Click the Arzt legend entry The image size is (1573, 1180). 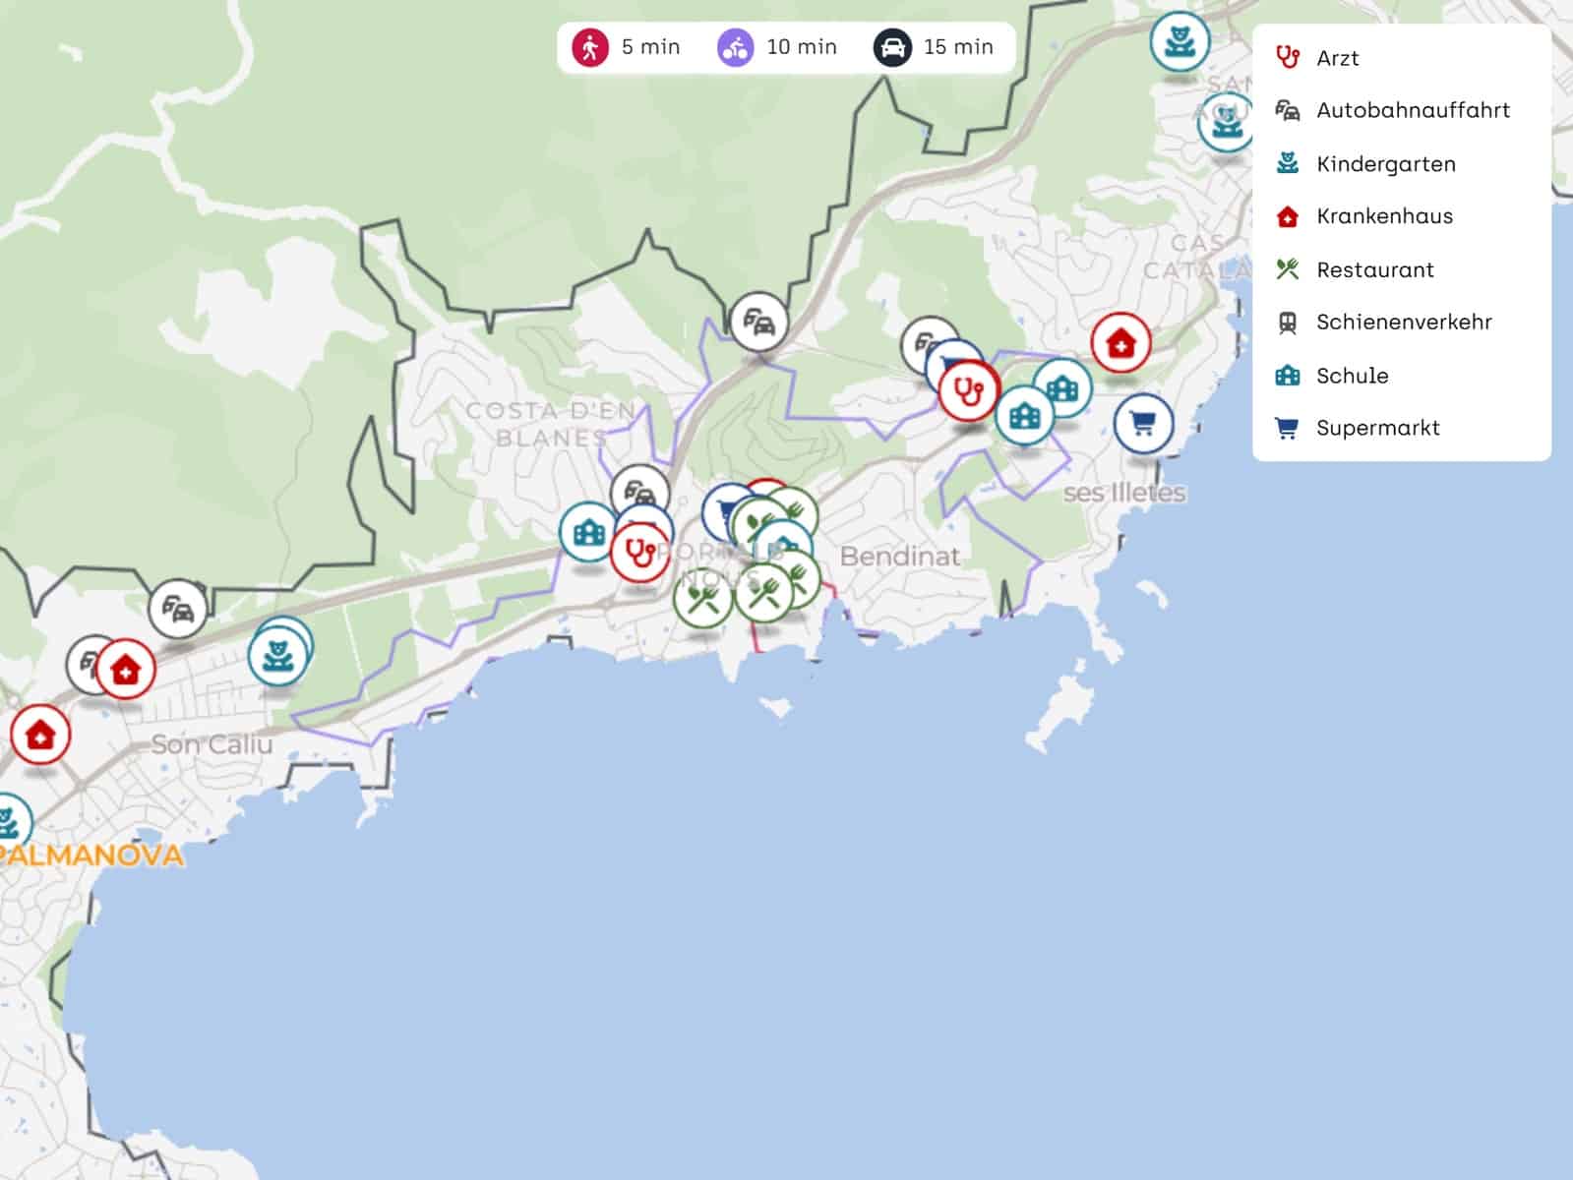pos(1337,58)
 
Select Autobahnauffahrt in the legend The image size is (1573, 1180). pos(1412,110)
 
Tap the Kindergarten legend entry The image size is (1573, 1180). pos(1385,164)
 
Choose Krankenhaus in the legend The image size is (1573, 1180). pos(1384,216)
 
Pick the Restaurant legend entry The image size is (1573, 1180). pos(1374,269)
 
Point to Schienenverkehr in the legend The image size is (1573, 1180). pos(1403,323)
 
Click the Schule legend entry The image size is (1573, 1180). pos(1352,376)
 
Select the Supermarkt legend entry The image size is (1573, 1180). pos(1377,428)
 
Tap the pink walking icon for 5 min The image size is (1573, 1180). pos(590,47)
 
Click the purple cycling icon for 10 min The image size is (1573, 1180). pos(735,47)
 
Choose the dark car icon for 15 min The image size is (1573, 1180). pos(891,47)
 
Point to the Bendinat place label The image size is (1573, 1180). pos(899,557)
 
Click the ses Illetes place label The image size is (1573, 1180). pos(1124,492)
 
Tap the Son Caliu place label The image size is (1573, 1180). pos(211,744)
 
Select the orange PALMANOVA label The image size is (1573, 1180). pos(91,855)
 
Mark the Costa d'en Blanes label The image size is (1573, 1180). pos(551,424)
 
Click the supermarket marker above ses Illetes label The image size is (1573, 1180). pos(1143,424)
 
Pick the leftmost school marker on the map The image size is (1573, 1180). pos(588,532)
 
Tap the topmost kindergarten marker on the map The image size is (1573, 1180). pos(1179,40)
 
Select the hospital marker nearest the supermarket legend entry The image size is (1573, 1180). pos(1119,343)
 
